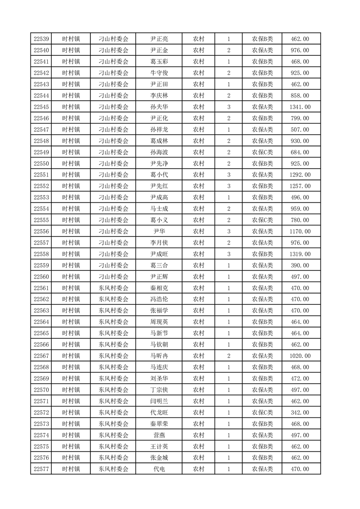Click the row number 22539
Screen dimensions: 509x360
41,39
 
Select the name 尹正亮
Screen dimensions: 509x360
159,39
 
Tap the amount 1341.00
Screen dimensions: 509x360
300,107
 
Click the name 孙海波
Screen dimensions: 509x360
159,152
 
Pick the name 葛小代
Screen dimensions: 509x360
159,175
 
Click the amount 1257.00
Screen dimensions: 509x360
300,186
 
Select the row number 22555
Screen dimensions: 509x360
41,220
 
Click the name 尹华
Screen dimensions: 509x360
159,232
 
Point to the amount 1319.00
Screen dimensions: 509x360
300,254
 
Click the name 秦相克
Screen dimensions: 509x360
159,288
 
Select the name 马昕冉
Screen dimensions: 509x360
159,356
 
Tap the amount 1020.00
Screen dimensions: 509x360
300,356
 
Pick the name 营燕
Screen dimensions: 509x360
159,436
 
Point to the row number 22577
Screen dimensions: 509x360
41,470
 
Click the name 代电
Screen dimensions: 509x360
159,470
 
